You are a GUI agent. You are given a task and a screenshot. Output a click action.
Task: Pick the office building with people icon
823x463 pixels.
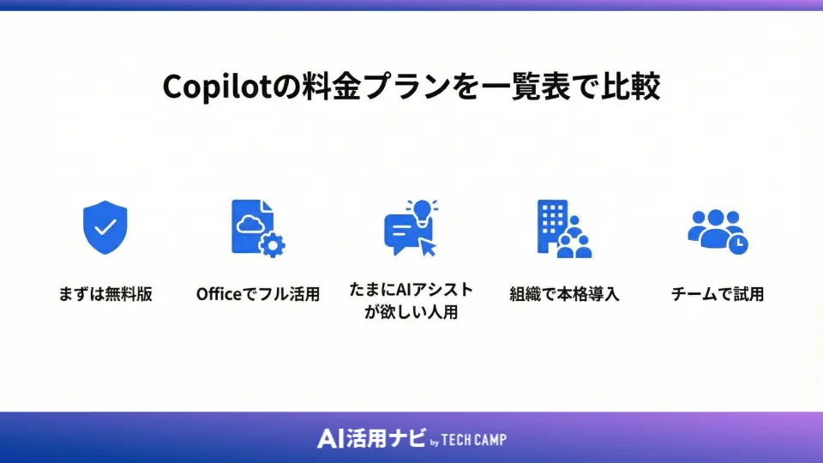(562, 229)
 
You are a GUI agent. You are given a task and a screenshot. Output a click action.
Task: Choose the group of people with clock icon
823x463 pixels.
(718, 230)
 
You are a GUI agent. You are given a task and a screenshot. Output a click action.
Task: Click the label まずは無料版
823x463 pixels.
(105, 294)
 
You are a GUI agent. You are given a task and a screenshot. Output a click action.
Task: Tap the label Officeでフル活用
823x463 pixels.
(257, 294)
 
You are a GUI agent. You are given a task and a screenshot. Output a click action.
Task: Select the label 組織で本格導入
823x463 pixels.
(563, 294)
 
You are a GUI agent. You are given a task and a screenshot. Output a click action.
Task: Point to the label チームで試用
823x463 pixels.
(717, 294)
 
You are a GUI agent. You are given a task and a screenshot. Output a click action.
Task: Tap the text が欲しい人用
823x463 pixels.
(411, 312)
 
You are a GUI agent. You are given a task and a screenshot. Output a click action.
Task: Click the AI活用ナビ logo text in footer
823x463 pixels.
(370, 438)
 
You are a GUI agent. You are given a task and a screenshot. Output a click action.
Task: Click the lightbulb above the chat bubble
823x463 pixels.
(421, 209)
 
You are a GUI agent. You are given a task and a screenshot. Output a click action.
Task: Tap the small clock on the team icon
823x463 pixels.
(737, 243)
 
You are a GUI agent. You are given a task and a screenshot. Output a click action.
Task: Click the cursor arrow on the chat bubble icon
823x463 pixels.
(427, 248)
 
